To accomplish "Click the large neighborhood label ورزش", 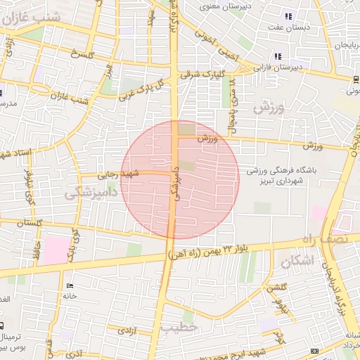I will pyautogui.click(x=268, y=108).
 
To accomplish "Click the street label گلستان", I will pyautogui.click(x=25, y=222).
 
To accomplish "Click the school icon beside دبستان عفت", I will pyautogui.click(x=287, y=16).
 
